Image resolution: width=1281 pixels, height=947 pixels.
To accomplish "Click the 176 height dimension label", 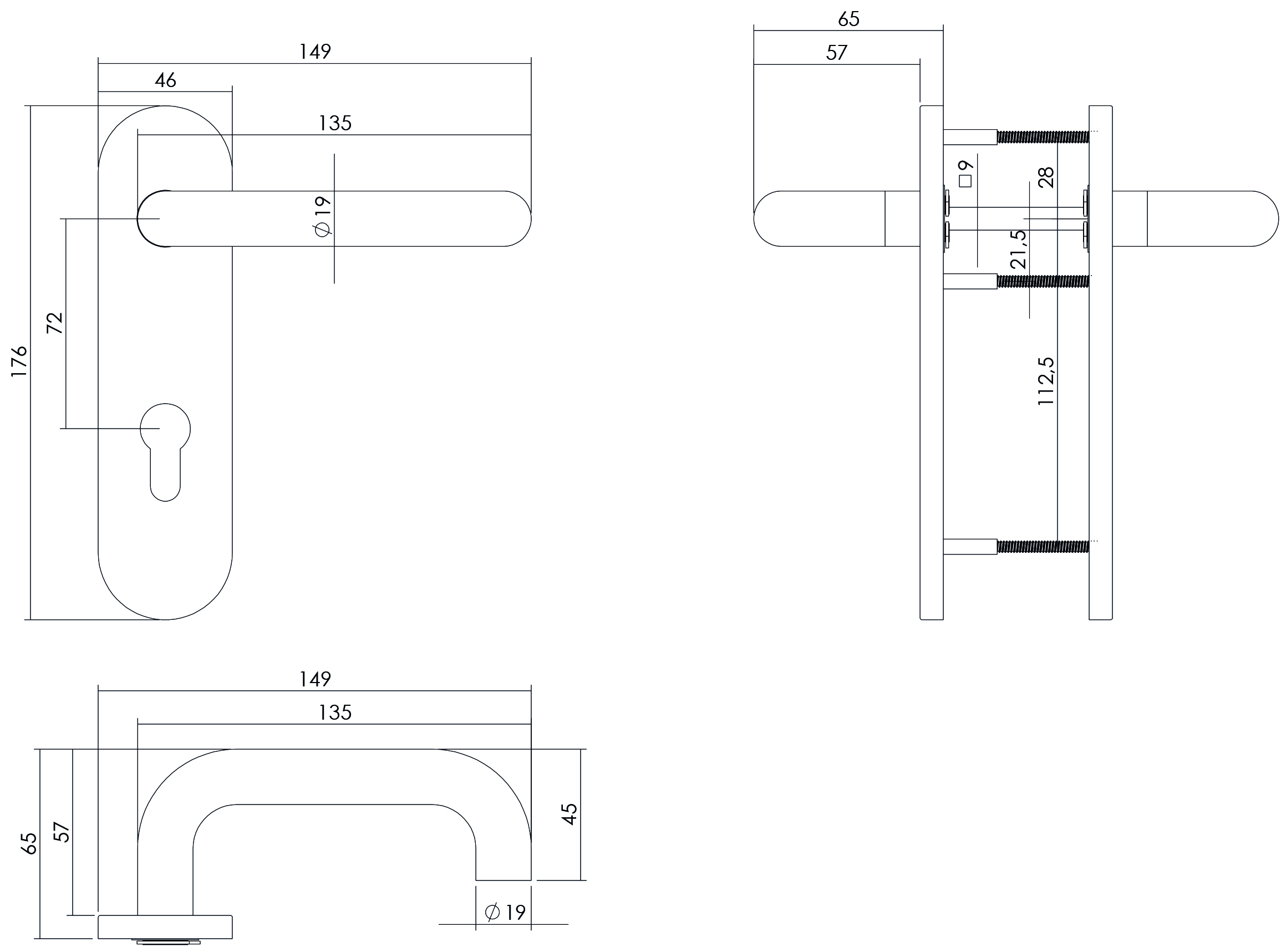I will (19, 360).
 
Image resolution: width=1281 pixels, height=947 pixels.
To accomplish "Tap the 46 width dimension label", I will (165, 80).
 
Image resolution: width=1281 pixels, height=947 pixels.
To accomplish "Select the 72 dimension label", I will (54, 323).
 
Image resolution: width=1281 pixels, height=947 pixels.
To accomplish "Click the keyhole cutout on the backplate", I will (165, 451).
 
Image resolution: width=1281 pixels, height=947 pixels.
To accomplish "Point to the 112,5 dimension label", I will (1046, 381).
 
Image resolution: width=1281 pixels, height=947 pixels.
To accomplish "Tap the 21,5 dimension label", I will (1018, 250).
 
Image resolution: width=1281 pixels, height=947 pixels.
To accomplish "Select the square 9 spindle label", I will (965, 173).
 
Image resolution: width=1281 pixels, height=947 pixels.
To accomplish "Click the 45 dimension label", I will (569, 814).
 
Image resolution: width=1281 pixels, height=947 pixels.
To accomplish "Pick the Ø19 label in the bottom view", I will (505, 912).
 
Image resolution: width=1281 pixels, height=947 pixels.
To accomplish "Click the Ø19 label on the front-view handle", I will (323, 216).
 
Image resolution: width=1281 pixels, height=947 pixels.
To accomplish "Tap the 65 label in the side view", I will (848, 19).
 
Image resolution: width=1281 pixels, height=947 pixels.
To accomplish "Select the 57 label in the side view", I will (837, 53).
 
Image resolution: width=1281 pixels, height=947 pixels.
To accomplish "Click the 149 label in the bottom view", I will (315, 679).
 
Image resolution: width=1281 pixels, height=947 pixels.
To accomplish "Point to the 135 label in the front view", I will (335, 123).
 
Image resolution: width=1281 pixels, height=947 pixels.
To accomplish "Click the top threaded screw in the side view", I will (1043, 137).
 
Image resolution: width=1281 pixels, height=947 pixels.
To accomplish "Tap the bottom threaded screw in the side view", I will (1043, 546).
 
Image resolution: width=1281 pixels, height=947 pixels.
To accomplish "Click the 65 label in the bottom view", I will (29, 843).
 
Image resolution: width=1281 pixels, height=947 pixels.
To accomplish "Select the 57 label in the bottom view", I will (62, 832).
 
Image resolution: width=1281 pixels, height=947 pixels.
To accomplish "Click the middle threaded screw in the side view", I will (1043, 281).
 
